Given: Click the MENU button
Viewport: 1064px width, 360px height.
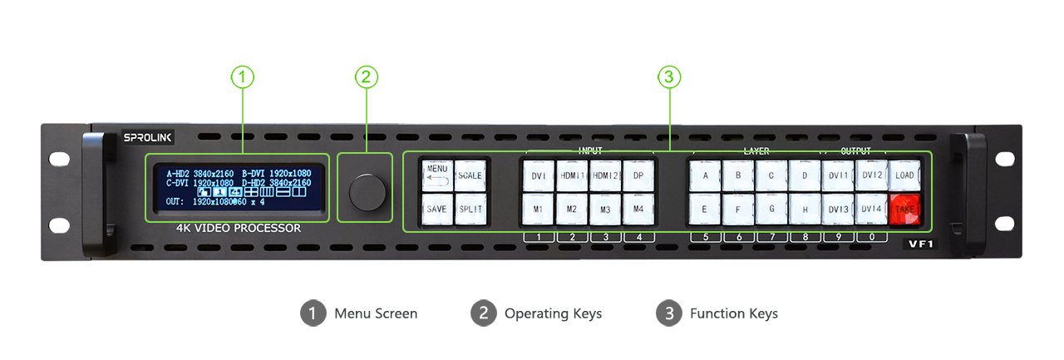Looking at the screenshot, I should click(x=436, y=175).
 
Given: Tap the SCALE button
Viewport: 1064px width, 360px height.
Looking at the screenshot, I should click(x=470, y=175).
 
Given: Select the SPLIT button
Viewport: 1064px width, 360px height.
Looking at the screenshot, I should click(x=470, y=210).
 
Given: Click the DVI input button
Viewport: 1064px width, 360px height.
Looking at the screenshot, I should click(x=538, y=175).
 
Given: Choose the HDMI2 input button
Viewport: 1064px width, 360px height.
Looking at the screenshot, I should click(x=604, y=175).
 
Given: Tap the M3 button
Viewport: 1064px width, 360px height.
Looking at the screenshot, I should click(x=604, y=210).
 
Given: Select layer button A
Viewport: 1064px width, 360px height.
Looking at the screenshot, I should click(x=705, y=175).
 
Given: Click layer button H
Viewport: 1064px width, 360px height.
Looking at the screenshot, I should click(x=805, y=210).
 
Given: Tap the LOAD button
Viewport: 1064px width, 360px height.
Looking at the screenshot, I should click(x=904, y=175).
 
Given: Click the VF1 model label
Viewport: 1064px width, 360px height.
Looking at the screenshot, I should click(x=922, y=245).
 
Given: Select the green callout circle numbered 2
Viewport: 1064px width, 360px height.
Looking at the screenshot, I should click(x=367, y=77).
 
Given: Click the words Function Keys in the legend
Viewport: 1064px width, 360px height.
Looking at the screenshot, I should click(x=733, y=313).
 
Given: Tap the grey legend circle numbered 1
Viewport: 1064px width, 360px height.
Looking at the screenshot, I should click(x=313, y=313).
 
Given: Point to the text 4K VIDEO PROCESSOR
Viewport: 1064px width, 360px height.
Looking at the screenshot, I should click(x=239, y=228).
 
